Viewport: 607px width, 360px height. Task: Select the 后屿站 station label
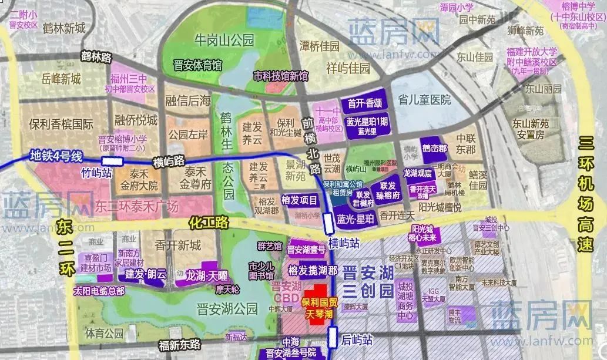pos(357,339)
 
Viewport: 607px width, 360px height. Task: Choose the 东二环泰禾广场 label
pos(136,206)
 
